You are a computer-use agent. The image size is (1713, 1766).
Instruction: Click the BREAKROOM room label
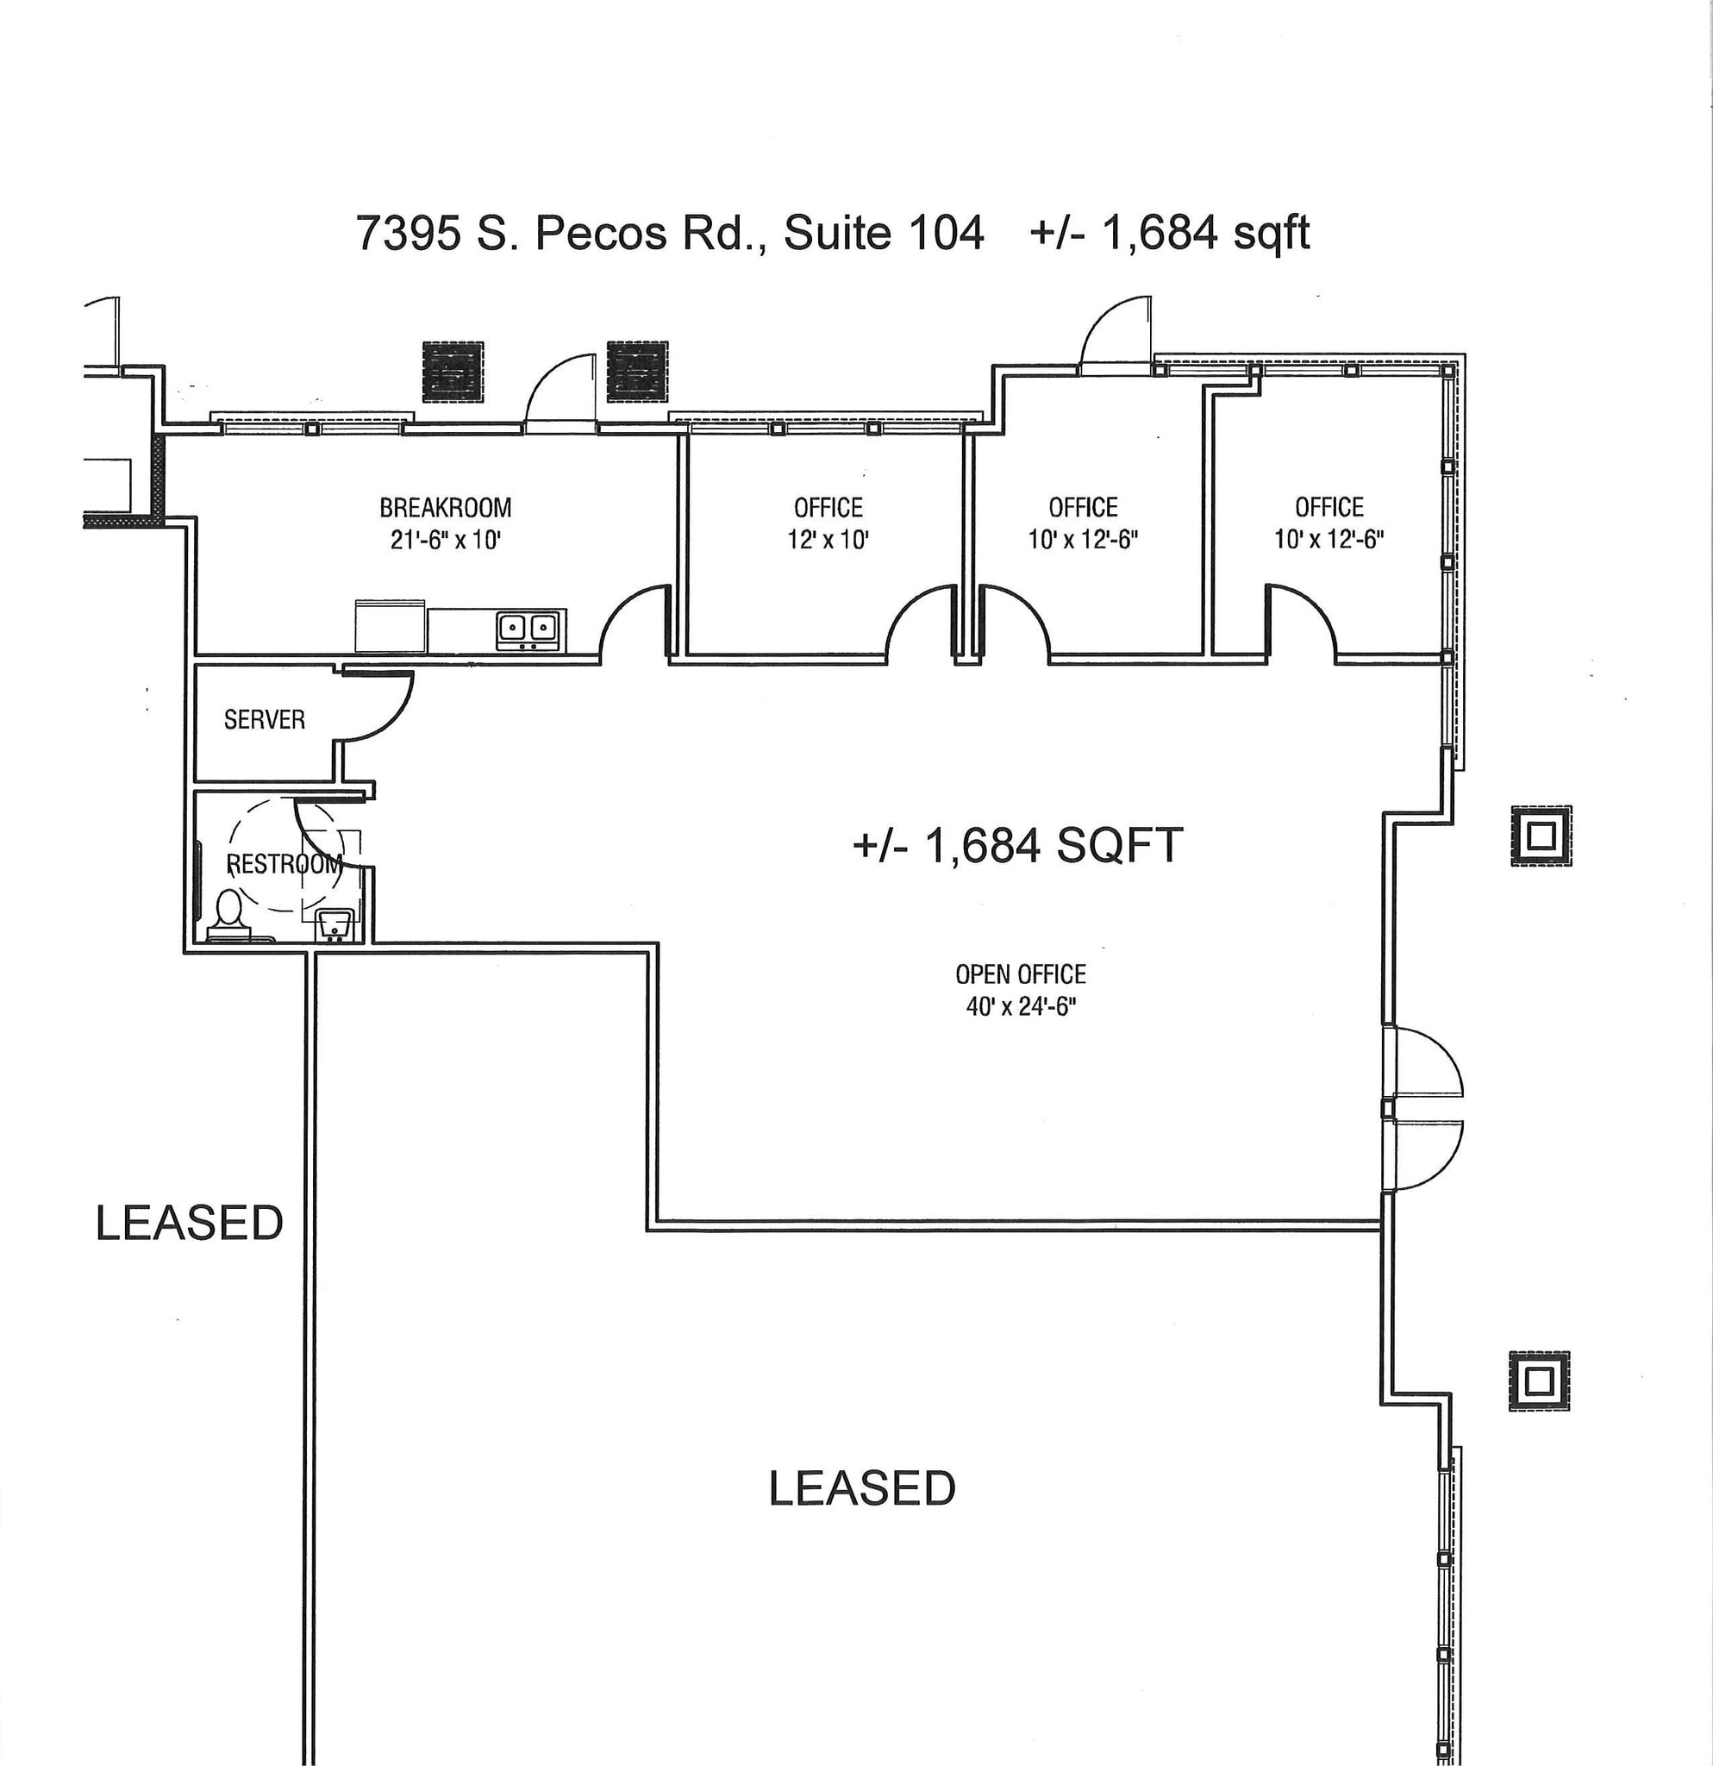point(445,507)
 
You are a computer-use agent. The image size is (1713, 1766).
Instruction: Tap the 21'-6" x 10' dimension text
point(445,540)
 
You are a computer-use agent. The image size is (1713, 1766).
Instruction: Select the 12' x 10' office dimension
point(828,540)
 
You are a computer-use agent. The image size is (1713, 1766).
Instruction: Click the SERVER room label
point(264,719)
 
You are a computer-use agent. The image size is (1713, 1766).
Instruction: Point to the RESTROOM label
point(284,864)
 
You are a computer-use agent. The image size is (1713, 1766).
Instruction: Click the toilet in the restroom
point(228,911)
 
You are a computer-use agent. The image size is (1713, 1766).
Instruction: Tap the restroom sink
point(335,924)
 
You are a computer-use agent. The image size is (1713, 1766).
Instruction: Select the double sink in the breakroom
point(527,627)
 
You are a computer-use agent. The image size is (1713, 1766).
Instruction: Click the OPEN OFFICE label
point(1021,974)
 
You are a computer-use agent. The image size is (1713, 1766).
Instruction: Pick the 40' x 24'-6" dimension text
point(1021,1006)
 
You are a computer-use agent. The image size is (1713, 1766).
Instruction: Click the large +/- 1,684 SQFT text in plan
point(1016,846)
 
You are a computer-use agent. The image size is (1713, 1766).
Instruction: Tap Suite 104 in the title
point(883,234)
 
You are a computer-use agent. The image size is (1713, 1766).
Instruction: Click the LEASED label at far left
point(189,1223)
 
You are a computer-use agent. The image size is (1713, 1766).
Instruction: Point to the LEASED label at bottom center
point(862,1487)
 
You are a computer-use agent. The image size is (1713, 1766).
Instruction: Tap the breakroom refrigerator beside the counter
point(391,625)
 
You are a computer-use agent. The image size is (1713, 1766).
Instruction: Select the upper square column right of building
point(1541,836)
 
